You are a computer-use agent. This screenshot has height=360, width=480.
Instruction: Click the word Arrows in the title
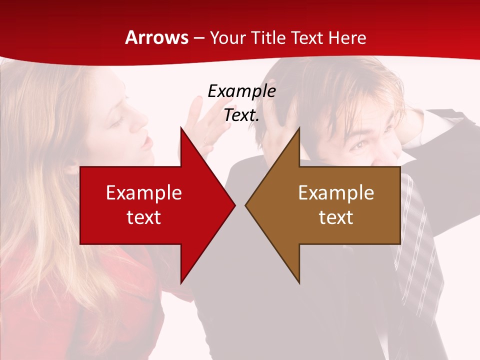point(156,37)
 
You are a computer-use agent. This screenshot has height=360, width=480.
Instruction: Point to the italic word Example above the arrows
point(241,91)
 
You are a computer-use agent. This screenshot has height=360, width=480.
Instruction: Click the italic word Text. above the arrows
point(241,115)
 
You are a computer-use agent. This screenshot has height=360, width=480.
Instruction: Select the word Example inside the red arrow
point(144,193)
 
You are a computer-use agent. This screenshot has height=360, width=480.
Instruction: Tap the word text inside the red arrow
point(144,217)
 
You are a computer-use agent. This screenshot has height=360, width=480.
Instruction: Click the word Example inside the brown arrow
point(336,193)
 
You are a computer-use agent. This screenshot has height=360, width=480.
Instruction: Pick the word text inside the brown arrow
point(336,217)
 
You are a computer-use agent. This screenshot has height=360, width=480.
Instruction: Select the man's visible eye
point(358,145)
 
